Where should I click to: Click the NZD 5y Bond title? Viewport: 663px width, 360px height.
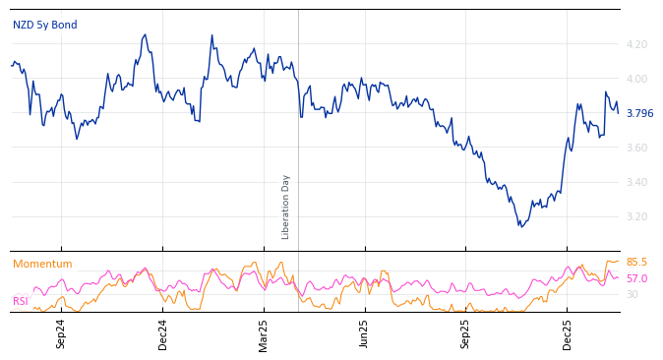[44, 25]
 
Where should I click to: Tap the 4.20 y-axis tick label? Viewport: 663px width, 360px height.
[636, 44]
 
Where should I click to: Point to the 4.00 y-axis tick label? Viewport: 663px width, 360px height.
[636, 79]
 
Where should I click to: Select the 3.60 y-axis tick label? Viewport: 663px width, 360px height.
[636, 148]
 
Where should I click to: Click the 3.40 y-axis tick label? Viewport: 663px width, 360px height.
[636, 182]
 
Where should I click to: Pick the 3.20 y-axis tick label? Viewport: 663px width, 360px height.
[636, 216]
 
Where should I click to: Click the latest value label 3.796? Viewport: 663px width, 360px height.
[639, 113]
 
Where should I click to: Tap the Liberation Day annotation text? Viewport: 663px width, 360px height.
[286, 207]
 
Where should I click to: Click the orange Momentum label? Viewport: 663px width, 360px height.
[42, 264]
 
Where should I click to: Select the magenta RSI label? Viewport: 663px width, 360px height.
[20, 301]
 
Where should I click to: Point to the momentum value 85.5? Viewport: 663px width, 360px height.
[636, 263]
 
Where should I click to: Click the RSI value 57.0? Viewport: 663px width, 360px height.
[636, 279]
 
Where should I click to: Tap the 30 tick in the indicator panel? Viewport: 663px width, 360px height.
[633, 294]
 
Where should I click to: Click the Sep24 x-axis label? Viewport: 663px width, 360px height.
[61, 333]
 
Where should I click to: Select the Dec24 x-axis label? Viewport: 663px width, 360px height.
[163, 333]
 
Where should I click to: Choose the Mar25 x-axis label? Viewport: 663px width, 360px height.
[264, 333]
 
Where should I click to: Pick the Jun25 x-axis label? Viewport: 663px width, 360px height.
[365, 333]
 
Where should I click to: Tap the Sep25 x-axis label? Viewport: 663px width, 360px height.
[466, 333]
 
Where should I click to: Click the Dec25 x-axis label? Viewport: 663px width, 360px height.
[568, 333]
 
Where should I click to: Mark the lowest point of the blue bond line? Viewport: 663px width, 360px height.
[520, 227]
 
